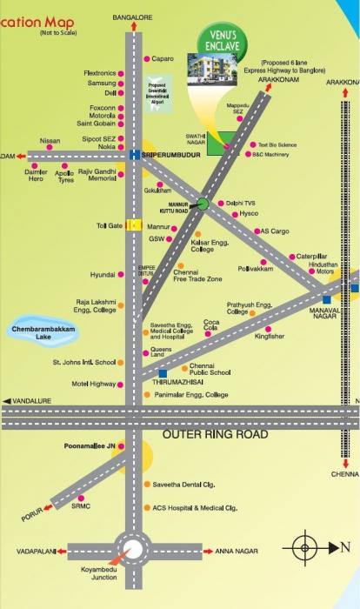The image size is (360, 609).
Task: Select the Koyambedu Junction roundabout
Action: click(134, 550)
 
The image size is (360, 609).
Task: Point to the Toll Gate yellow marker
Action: click(133, 224)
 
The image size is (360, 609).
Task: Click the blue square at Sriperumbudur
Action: click(134, 155)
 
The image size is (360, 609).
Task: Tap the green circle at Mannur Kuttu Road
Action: click(202, 204)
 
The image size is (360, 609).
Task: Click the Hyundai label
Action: click(103, 275)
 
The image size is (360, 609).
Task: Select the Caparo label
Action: click(163, 58)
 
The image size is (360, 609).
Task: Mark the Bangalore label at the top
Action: click(133, 17)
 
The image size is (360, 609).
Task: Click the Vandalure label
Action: click(32, 400)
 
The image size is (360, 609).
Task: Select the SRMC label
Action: click(81, 505)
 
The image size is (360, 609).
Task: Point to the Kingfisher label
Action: click(270, 336)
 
